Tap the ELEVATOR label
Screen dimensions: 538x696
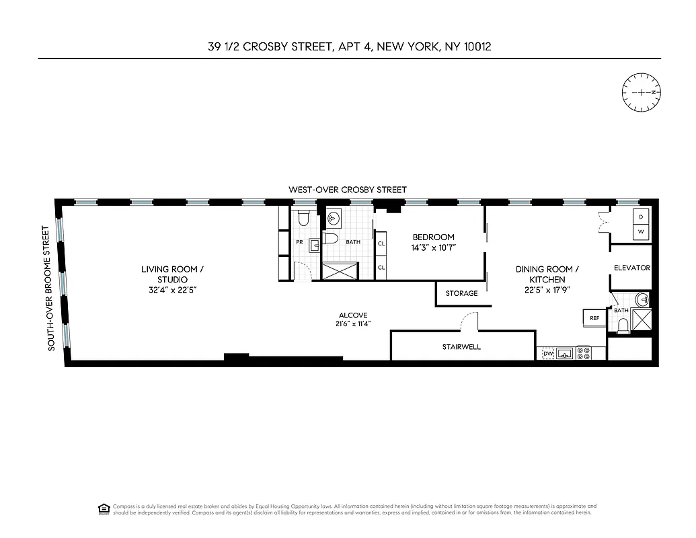tap(631, 268)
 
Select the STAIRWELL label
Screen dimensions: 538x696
tap(461, 347)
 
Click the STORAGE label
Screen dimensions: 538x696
tap(461, 293)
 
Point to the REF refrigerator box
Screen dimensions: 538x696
tap(594, 318)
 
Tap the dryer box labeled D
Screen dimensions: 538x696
tap(640, 217)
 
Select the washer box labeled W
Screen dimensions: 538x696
tap(640, 231)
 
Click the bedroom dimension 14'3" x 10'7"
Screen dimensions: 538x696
tap(433, 247)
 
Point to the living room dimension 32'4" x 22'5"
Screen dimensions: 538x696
tap(172, 290)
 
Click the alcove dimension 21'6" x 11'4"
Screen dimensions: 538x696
tap(353, 324)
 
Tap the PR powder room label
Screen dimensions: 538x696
tap(300, 242)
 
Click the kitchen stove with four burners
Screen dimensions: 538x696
tap(583, 352)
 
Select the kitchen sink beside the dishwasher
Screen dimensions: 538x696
tap(565, 352)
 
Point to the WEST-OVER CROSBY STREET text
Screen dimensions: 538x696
tap(348, 190)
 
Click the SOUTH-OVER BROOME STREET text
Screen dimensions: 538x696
tap(48, 288)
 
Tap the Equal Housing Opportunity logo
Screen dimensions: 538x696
tap(104, 508)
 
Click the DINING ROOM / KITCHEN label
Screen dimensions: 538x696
tap(547, 274)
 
